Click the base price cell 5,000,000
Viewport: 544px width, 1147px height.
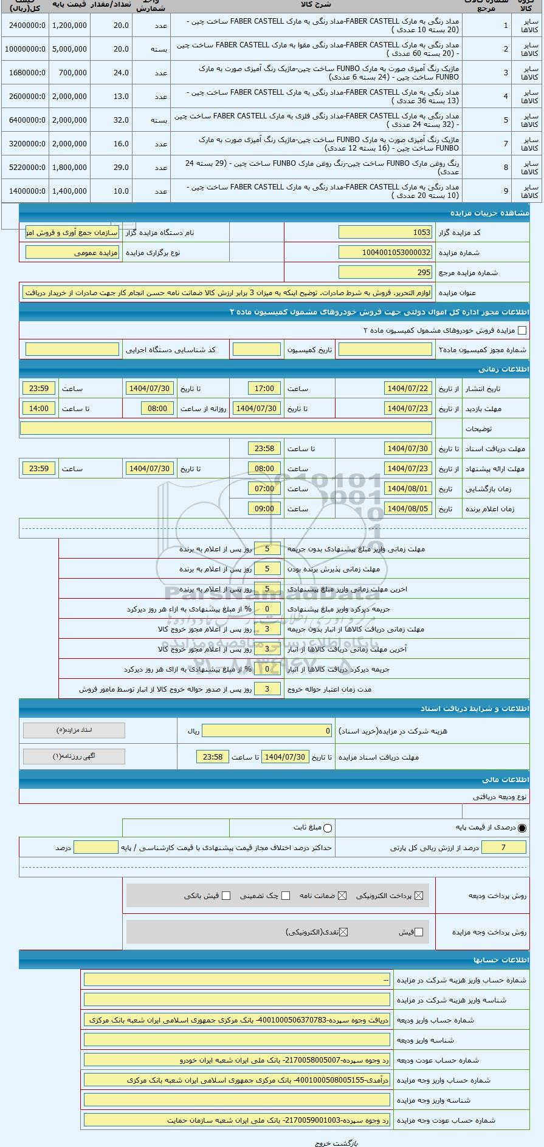pyautogui.click(x=69, y=49)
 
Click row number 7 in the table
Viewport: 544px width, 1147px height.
pyautogui.click(x=506, y=144)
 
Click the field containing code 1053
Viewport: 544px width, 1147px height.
pyautogui.click(x=385, y=233)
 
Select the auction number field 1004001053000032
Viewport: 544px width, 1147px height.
pyautogui.click(x=385, y=253)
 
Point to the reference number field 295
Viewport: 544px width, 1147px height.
pyautogui.click(x=385, y=273)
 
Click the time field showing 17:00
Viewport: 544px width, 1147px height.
pyautogui.click(x=264, y=389)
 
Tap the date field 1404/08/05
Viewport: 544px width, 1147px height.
pyautogui.click(x=408, y=509)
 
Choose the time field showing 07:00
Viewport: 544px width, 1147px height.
pyautogui.click(x=264, y=489)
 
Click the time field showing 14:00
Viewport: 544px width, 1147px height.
pyautogui.click(x=39, y=409)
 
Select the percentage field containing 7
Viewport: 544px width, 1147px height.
pyautogui.click(x=503, y=848)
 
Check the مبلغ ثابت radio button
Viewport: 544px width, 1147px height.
pyautogui.click(x=328, y=828)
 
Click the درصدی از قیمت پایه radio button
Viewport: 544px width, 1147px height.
pyautogui.click(x=522, y=828)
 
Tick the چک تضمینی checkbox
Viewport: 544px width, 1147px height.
pyautogui.click(x=286, y=896)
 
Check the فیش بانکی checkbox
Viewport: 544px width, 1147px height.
pyautogui.click(x=226, y=896)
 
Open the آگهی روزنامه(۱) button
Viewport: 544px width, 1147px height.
pyautogui.click(x=74, y=757)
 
